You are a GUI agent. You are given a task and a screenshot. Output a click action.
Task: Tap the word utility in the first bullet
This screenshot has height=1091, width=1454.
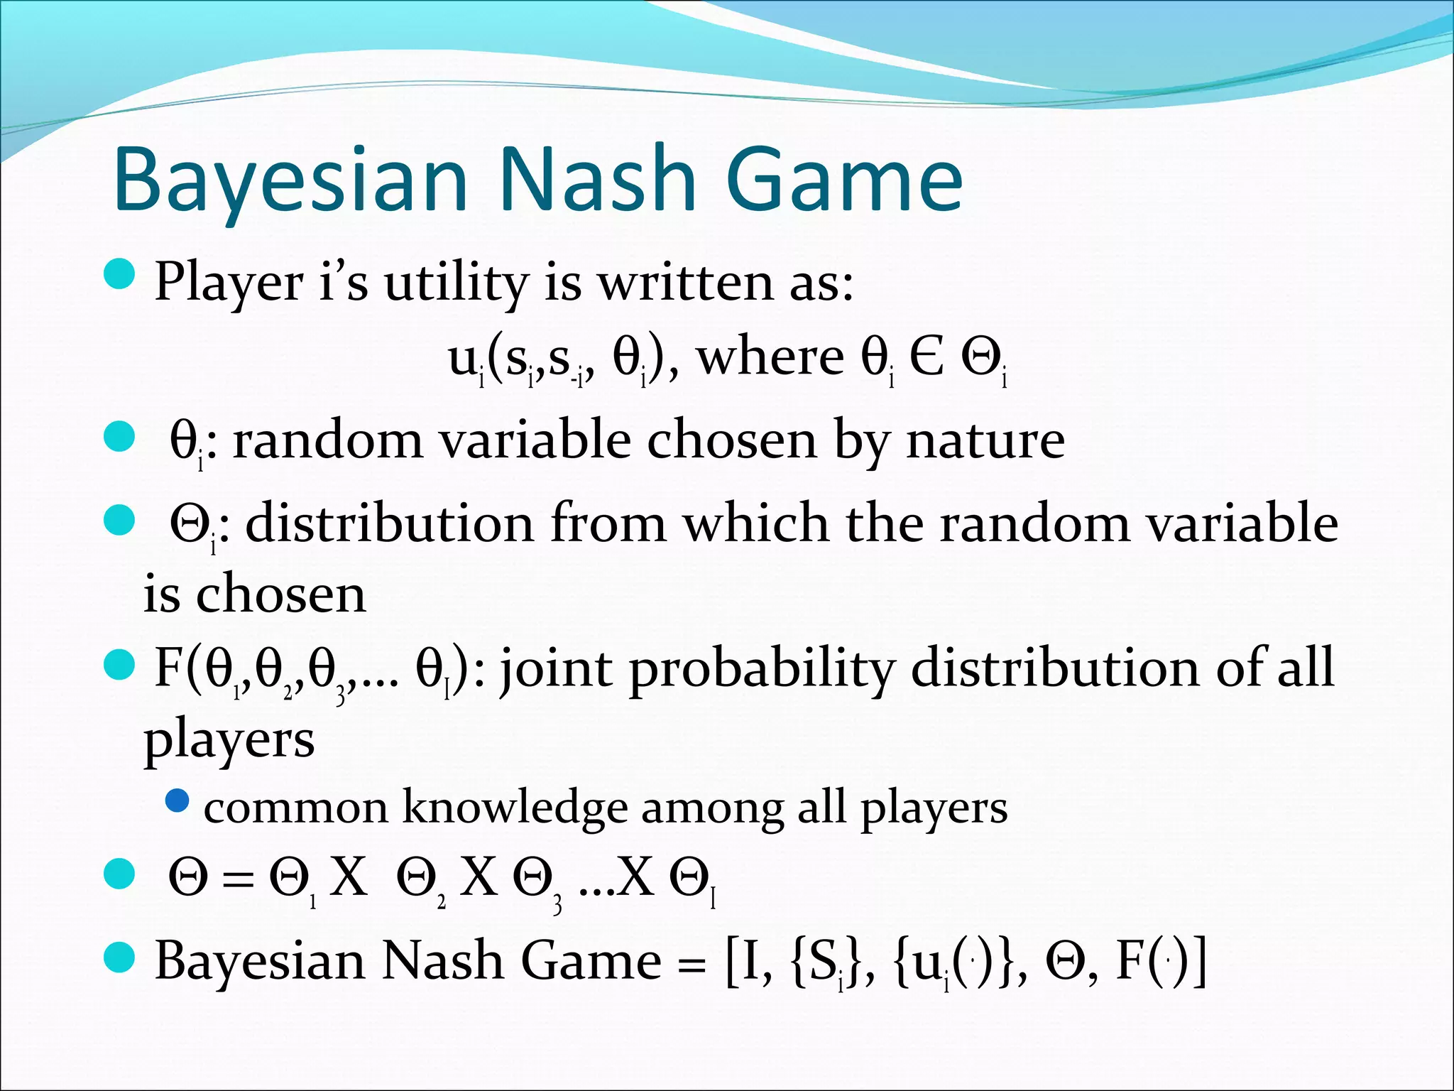click(x=457, y=283)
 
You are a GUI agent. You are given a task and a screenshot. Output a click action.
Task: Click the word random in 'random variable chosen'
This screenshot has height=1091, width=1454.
click(x=328, y=440)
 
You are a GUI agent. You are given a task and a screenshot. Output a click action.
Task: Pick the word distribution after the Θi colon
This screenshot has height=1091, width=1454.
click(x=389, y=523)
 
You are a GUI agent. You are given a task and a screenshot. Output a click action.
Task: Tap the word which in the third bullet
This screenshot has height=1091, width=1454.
click(x=756, y=523)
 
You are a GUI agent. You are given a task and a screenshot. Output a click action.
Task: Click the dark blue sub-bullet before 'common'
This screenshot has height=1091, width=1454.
click(x=177, y=801)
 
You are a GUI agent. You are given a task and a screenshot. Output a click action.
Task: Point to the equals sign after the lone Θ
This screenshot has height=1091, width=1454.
click(x=237, y=880)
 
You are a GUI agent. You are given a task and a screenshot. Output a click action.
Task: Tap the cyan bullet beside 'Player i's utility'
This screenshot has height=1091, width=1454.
click(x=119, y=274)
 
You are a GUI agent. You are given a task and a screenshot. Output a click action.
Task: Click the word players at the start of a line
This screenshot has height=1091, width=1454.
click(x=229, y=740)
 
